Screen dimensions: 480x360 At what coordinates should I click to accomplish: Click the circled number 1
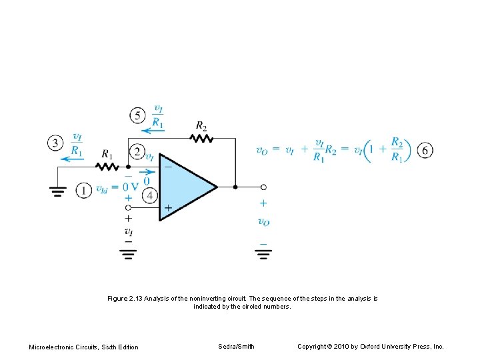point(83,191)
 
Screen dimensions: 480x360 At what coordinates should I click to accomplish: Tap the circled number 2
point(136,152)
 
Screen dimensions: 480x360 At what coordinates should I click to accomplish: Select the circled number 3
point(56,143)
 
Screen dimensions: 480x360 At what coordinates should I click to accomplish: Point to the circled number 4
point(150,195)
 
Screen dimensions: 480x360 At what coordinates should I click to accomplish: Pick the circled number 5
point(137,115)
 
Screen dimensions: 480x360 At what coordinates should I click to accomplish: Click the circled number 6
point(425,150)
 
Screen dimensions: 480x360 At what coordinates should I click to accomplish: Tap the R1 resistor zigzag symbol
point(105,167)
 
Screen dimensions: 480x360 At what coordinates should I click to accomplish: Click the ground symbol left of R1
point(59,192)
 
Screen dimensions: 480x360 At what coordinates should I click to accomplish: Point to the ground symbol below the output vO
point(263,253)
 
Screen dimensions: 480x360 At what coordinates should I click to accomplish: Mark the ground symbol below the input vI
point(128,253)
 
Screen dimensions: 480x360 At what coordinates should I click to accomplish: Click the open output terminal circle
point(263,187)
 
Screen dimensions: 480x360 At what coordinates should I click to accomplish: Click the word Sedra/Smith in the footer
point(236,346)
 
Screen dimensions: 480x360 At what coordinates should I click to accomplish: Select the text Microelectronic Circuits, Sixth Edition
point(84,347)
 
